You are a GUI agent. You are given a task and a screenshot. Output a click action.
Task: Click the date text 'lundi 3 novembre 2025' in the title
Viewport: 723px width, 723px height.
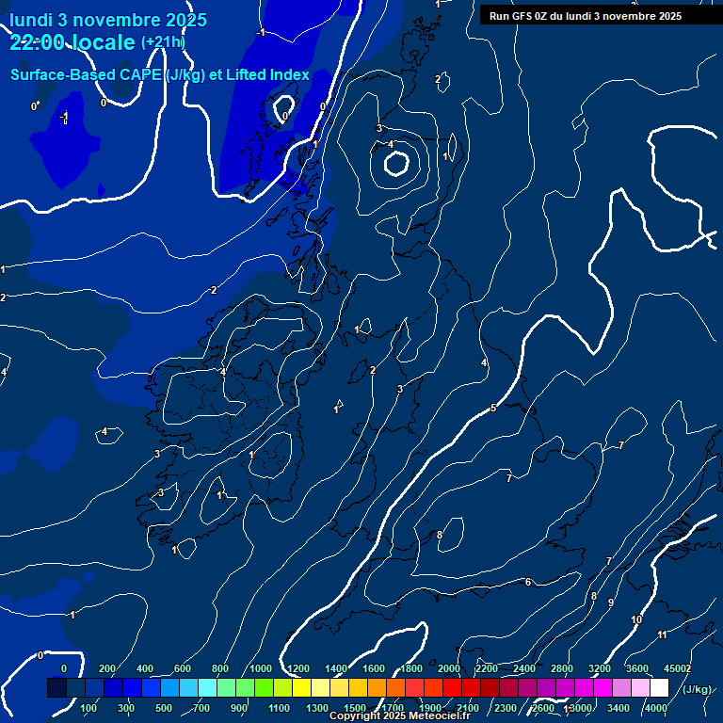(x=108, y=20)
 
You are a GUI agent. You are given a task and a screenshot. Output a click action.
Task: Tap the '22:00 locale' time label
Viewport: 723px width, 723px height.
(x=72, y=42)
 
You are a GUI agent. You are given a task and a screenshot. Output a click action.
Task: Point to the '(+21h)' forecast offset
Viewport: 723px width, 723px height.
(x=163, y=42)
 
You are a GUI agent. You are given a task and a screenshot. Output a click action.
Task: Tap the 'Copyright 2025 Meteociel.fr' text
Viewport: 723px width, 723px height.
(x=399, y=716)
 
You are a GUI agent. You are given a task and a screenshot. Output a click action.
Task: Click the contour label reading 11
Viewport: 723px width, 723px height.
(x=662, y=635)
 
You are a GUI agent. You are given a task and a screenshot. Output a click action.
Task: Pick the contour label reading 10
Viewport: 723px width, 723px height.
(x=636, y=619)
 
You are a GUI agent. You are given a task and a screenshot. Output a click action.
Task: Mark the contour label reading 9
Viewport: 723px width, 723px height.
(x=611, y=602)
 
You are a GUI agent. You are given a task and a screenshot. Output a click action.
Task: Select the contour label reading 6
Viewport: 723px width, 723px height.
(x=528, y=582)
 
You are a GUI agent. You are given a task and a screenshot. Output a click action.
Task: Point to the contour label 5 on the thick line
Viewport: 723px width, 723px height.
(x=492, y=408)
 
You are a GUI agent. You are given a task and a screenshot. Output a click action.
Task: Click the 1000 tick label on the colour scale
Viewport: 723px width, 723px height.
(x=261, y=668)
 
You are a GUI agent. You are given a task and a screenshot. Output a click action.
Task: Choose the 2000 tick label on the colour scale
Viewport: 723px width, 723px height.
(x=449, y=668)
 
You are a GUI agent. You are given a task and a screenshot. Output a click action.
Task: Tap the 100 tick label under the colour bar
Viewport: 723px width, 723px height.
(x=88, y=708)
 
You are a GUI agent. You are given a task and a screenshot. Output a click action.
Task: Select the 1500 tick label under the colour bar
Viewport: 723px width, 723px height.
(x=355, y=708)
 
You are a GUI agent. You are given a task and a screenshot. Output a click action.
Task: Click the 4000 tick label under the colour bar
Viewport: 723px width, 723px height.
(x=656, y=708)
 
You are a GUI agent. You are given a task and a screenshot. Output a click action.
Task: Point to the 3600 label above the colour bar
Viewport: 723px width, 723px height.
(x=637, y=668)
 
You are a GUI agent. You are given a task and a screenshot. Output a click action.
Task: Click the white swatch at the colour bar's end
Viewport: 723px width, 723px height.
(x=659, y=688)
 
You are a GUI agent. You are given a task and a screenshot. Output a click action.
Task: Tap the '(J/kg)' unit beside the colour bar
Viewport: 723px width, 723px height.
(x=697, y=689)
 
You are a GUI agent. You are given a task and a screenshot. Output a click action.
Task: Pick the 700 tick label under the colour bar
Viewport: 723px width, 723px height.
(x=201, y=708)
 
